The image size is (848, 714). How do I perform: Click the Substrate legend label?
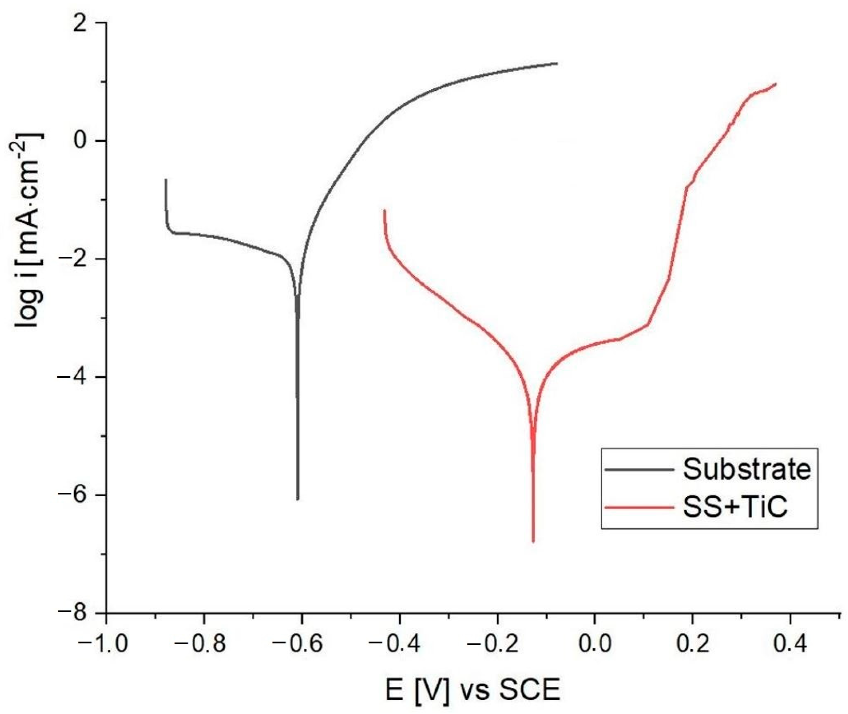pyautogui.click(x=747, y=469)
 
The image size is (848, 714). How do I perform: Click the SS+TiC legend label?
pyautogui.click(x=735, y=507)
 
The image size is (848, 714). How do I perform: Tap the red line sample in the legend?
pyautogui.click(x=639, y=507)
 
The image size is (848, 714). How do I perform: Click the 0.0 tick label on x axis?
pyautogui.click(x=595, y=643)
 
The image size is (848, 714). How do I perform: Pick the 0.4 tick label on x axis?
pyautogui.click(x=790, y=643)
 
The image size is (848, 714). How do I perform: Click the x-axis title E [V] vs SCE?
pyautogui.click(x=472, y=690)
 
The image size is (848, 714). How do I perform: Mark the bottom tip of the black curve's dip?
pyautogui.click(x=298, y=499)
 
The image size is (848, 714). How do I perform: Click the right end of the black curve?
pyautogui.click(x=557, y=63)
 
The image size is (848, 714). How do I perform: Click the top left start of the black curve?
pyautogui.click(x=166, y=179)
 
